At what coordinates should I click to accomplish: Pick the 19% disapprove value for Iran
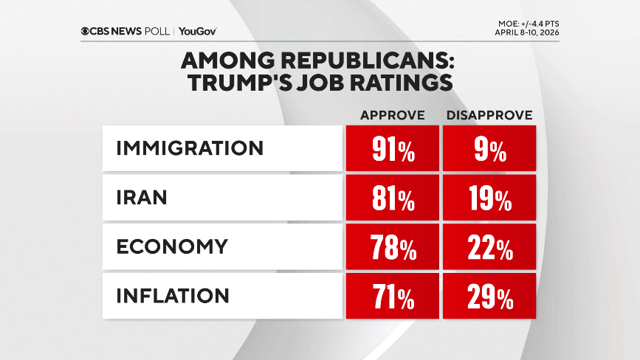[x=489, y=198]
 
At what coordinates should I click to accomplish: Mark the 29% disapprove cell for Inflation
[x=489, y=296]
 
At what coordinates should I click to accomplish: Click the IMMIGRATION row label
[x=190, y=148]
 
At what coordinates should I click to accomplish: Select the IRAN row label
[x=142, y=198]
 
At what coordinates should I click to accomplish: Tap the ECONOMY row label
[x=172, y=246]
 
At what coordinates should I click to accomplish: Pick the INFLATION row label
[x=173, y=296]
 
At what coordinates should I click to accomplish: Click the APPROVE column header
[x=392, y=116]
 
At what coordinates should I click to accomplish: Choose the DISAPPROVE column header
[x=489, y=116]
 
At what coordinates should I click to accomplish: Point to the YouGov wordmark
[x=197, y=31]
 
